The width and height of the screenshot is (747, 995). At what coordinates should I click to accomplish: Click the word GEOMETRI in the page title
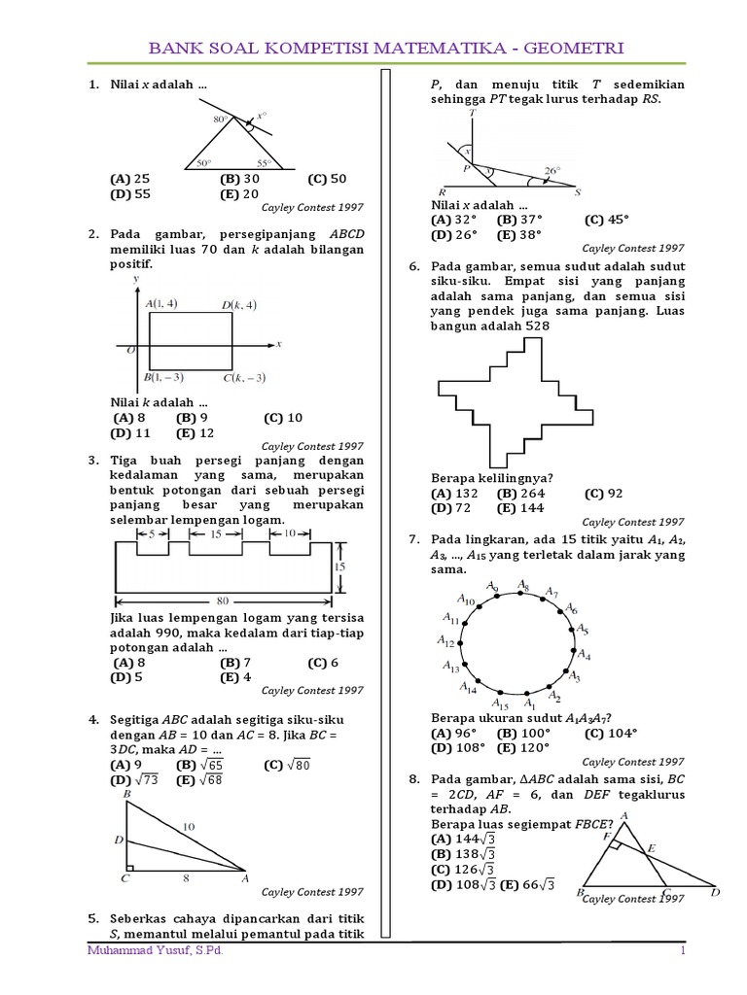coord(574,48)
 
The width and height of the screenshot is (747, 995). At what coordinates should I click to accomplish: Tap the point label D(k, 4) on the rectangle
coord(238,305)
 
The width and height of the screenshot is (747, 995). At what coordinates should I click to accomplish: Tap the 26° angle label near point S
coord(551,171)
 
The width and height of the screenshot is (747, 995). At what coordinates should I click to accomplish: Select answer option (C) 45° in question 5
coord(605,220)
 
